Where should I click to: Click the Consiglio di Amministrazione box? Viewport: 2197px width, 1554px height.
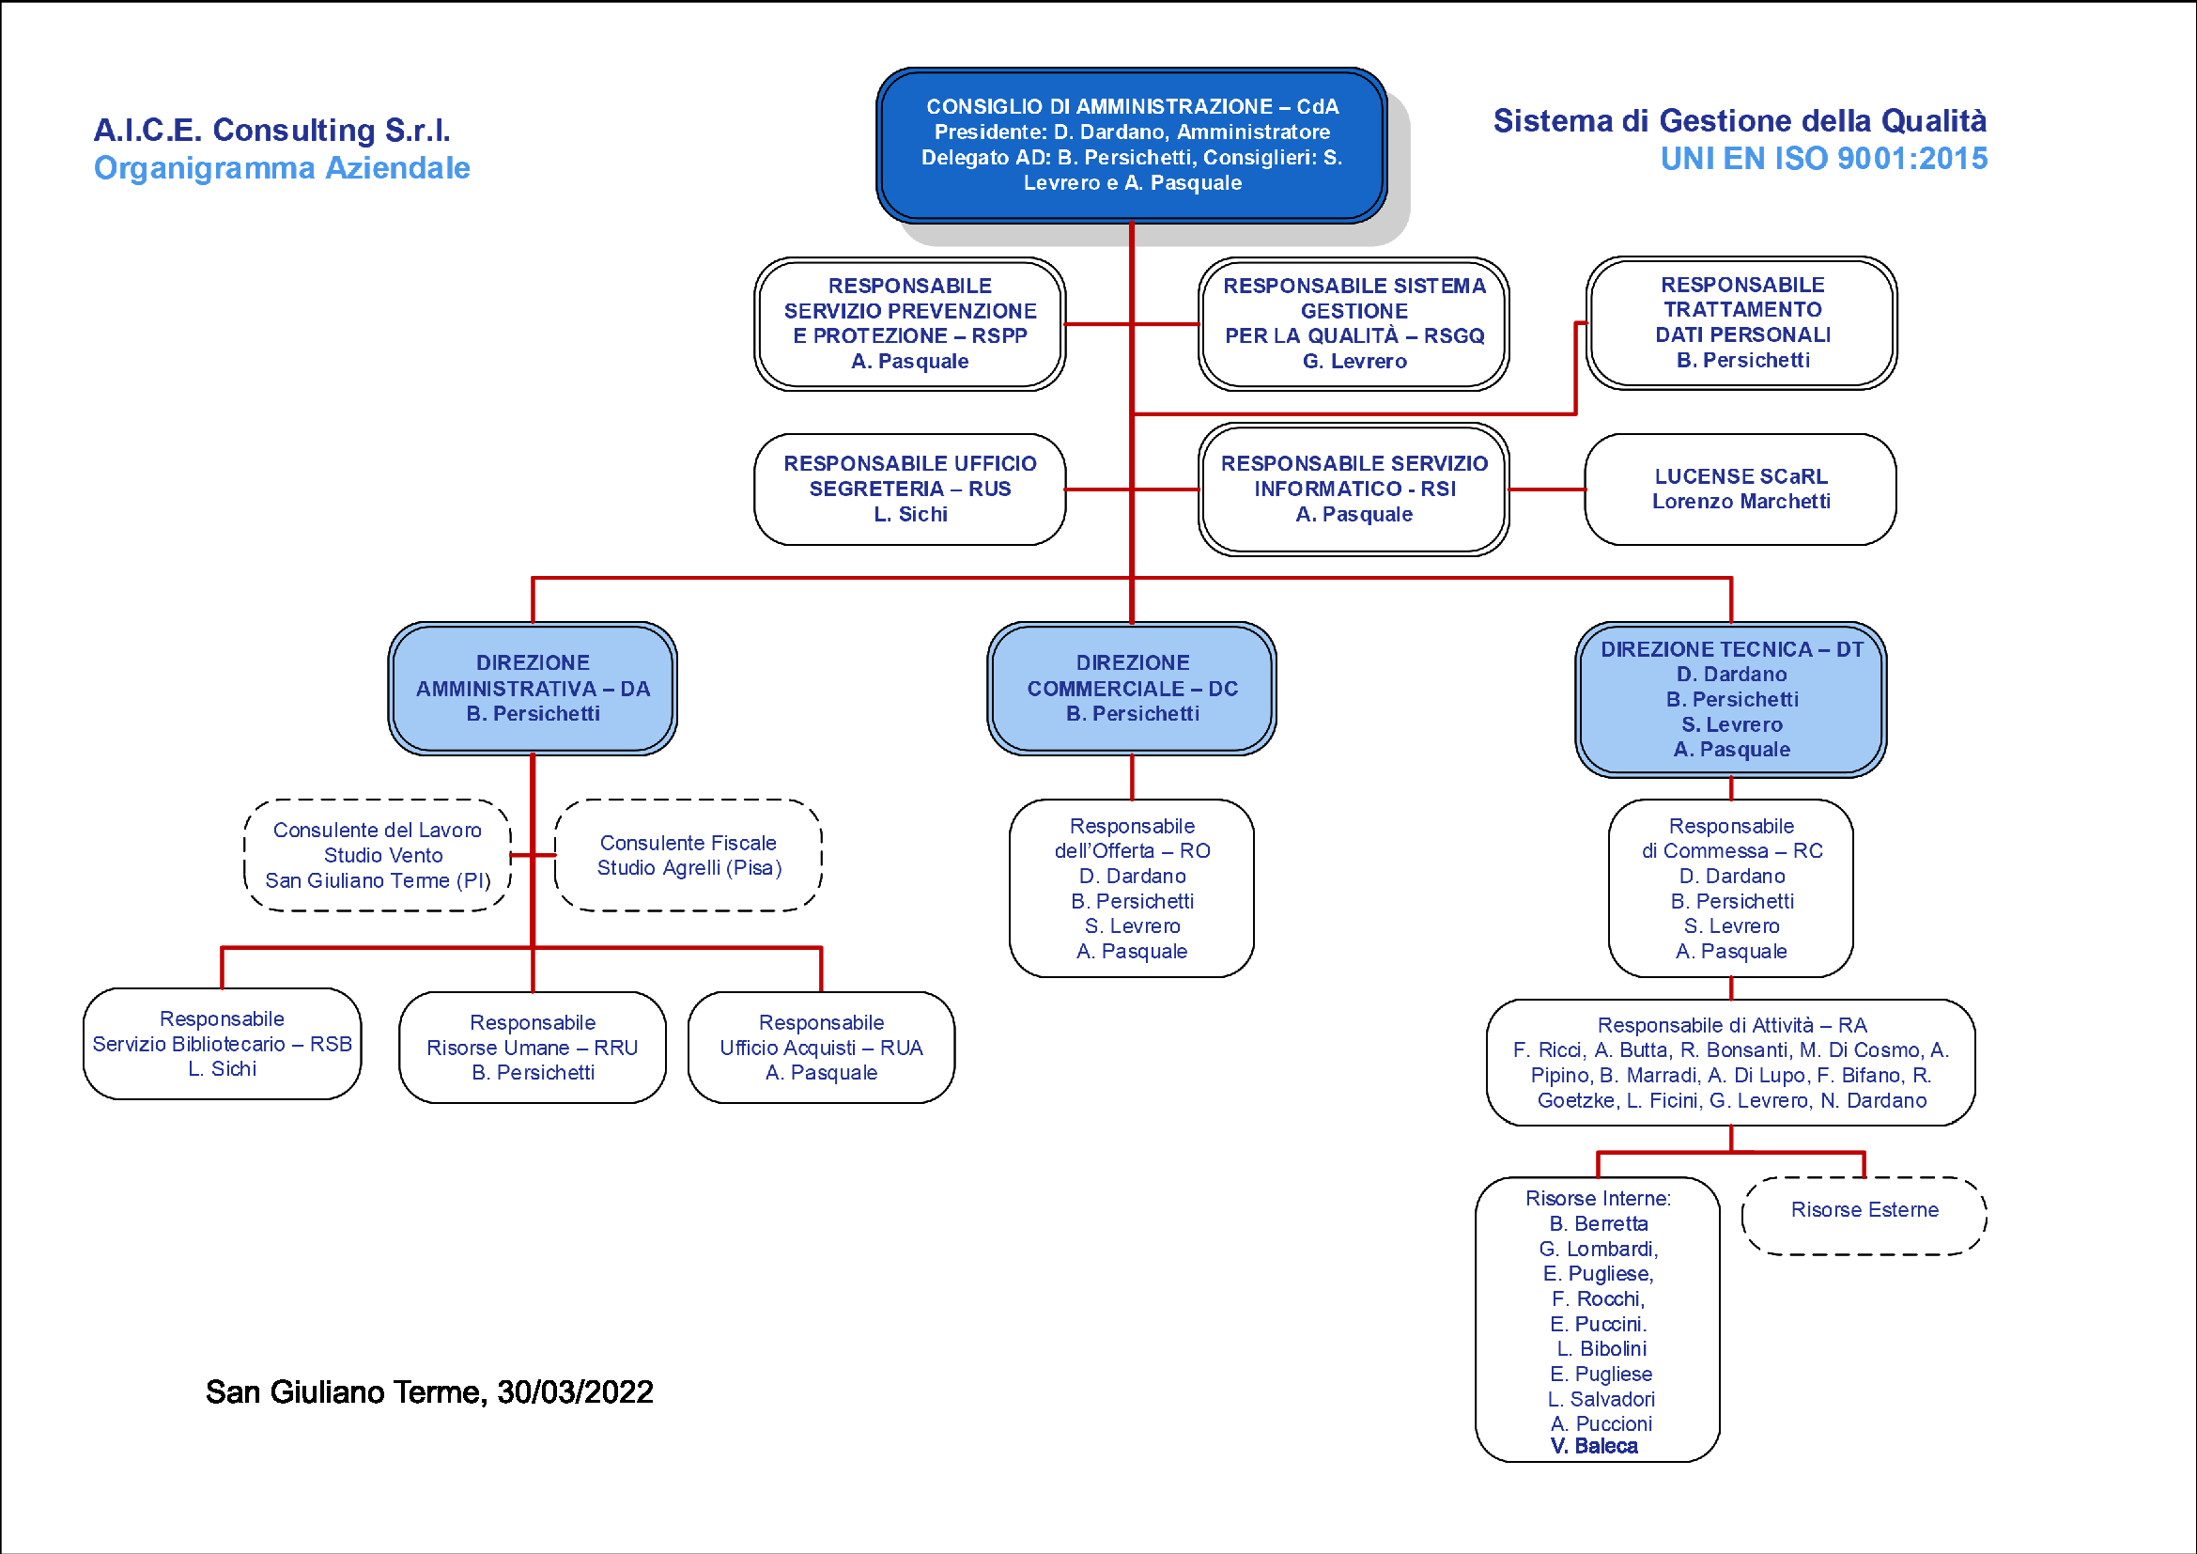coord(1131,146)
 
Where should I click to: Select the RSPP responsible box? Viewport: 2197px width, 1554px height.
coord(909,323)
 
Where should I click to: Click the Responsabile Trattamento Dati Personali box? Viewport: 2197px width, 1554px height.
coord(1741,322)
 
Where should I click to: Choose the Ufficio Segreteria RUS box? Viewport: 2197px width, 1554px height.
coord(909,489)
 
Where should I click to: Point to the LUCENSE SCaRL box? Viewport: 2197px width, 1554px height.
coord(1741,489)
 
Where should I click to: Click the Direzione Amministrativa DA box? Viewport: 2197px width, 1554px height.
coord(532,688)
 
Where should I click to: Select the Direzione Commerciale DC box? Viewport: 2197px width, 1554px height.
coord(1131,688)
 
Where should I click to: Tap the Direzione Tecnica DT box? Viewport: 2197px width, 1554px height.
coord(1731,700)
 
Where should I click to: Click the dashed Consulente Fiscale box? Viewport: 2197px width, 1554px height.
coord(688,854)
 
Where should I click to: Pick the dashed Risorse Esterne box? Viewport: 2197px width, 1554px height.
coord(1864,1215)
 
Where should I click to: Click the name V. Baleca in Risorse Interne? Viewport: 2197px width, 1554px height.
coord(1594,1446)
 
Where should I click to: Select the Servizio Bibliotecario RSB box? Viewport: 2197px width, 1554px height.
coord(222,1043)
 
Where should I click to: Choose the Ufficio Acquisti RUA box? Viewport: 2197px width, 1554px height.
coord(821,1047)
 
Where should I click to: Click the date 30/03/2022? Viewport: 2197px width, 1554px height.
coord(575,1391)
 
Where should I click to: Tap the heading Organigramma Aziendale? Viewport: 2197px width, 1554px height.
coord(282,167)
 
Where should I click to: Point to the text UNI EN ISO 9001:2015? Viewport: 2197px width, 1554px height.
coord(1824,158)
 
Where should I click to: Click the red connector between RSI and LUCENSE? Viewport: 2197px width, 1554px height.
coord(1547,489)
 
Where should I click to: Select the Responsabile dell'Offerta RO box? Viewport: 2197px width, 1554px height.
coord(1131,888)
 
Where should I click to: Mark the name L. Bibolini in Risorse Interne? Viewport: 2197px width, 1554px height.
coord(1601,1348)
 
